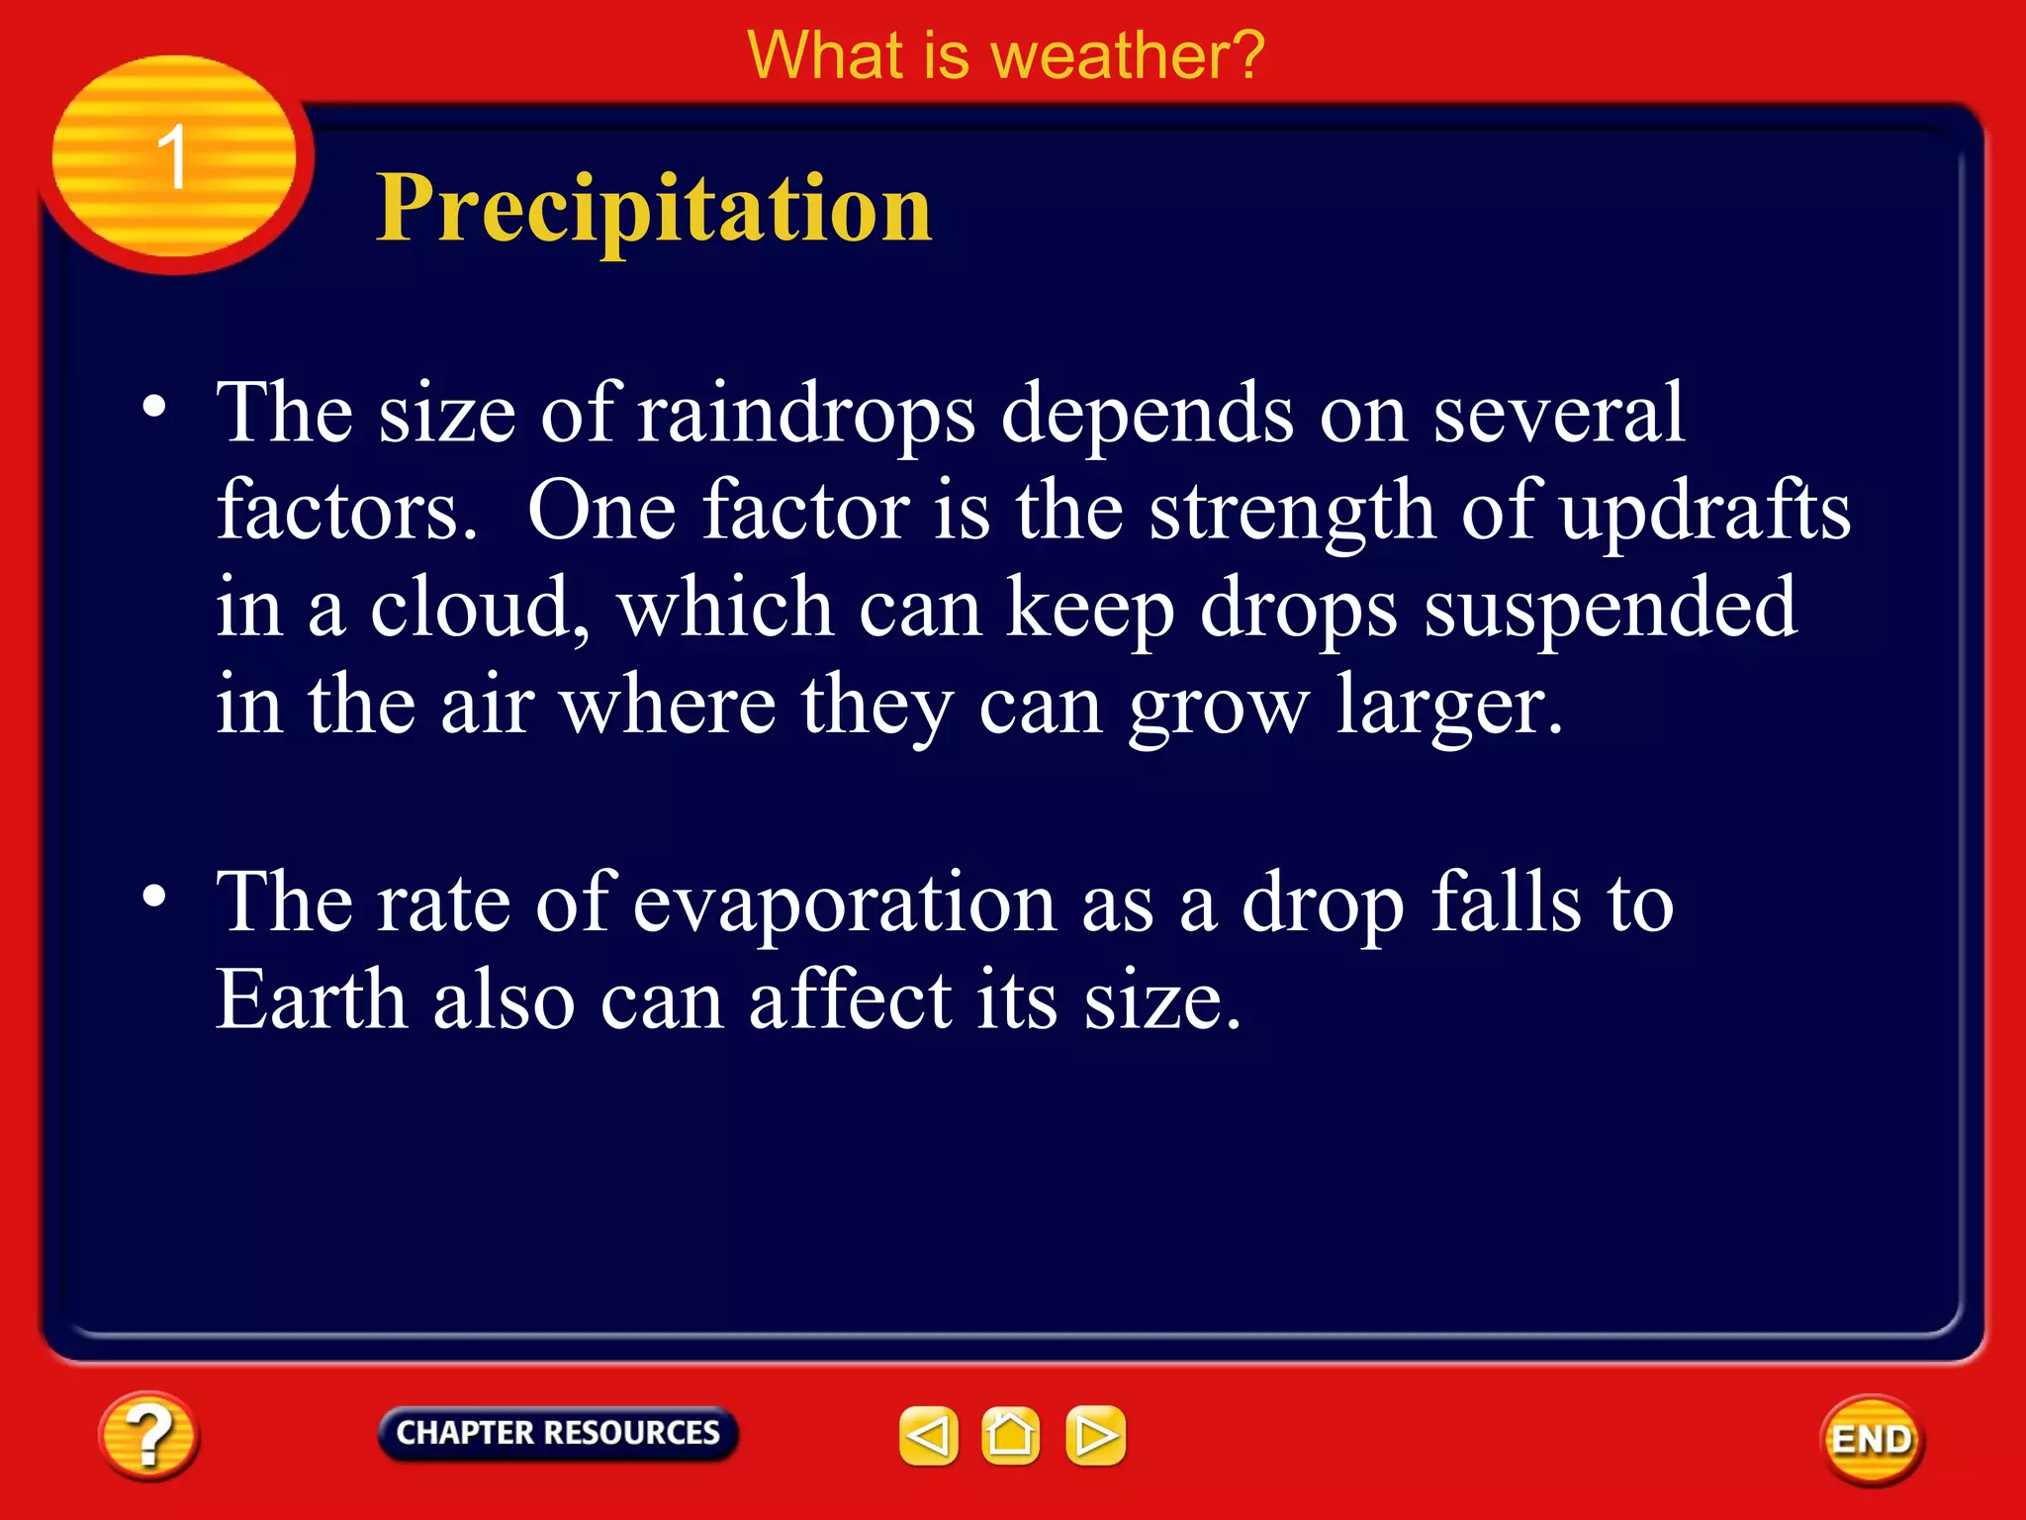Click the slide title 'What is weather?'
coord(1006,55)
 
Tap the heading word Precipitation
coord(654,209)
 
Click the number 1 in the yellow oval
coord(172,158)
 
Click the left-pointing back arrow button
coord(928,1435)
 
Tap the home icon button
coord(1010,1435)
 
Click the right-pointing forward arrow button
coord(1095,1435)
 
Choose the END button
coord(1871,1440)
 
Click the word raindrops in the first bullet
coord(806,414)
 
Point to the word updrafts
coord(1704,511)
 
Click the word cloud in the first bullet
coord(479,608)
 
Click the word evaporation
coord(844,902)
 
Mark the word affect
coord(850,999)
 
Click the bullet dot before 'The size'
coord(154,407)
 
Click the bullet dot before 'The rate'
coord(154,897)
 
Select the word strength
coord(1292,513)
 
